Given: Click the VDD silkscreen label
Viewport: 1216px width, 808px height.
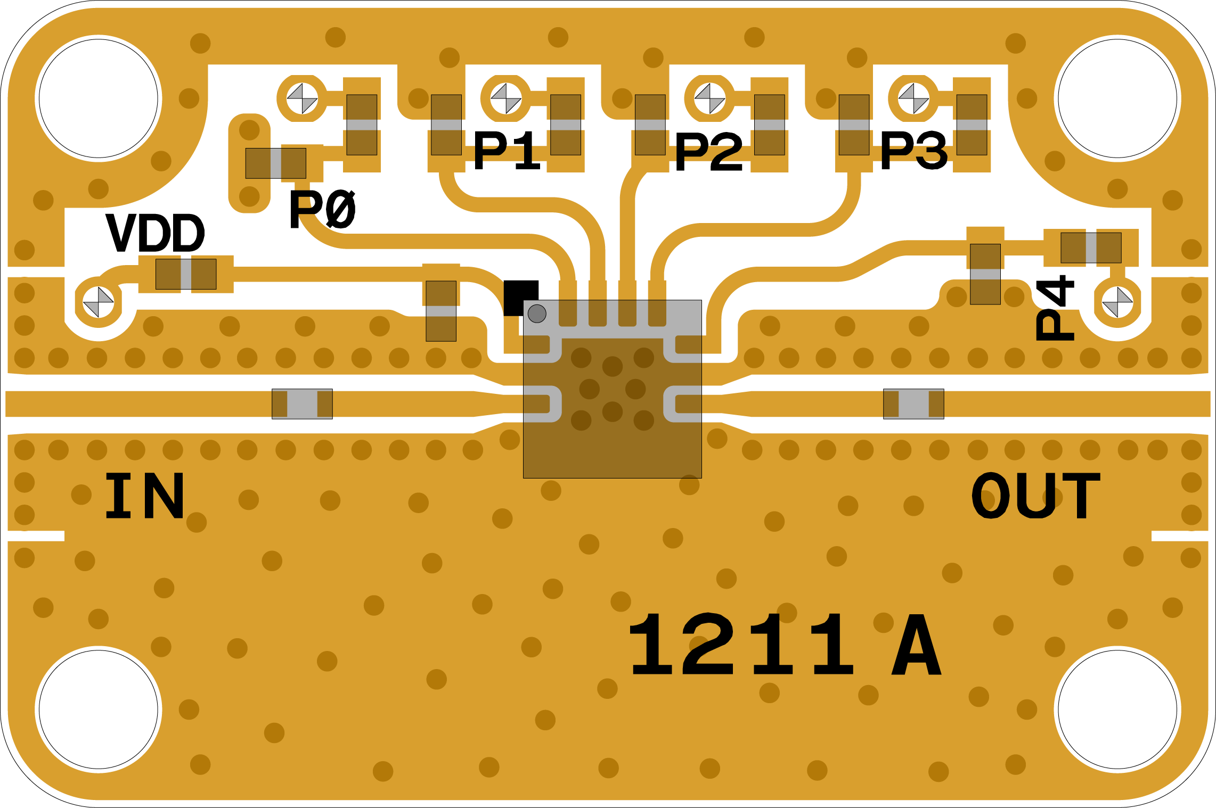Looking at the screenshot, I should (155, 233).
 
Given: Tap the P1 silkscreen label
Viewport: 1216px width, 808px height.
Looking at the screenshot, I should (507, 151).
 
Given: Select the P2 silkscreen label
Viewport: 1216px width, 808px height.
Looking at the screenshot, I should (708, 153).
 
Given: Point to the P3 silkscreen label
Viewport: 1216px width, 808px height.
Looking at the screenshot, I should (913, 152).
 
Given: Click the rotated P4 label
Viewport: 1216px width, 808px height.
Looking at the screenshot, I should (1055, 308).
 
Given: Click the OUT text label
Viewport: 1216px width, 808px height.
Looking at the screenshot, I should (1035, 496).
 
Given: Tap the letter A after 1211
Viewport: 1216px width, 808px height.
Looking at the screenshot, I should (916, 645).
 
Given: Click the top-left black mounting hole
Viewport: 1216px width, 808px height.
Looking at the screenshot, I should (99, 98).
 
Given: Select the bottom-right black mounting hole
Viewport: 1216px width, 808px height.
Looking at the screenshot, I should (1117, 710).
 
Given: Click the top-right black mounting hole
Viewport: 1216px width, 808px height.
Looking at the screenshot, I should (1117, 98).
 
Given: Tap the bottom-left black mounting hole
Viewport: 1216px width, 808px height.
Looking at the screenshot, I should (99, 710).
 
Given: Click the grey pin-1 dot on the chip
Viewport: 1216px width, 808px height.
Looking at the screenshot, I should (537, 314).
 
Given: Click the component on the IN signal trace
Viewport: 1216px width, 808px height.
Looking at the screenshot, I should (302, 404).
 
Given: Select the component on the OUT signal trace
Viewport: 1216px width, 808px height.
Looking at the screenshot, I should (913, 404).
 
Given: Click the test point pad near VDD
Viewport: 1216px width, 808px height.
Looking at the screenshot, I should (99, 302).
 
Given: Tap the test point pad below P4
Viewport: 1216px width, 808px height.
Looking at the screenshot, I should (1117, 302).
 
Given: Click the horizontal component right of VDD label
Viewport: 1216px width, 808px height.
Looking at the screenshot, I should (186, 274).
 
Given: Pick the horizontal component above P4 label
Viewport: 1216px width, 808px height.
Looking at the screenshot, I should (1091, 248).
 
